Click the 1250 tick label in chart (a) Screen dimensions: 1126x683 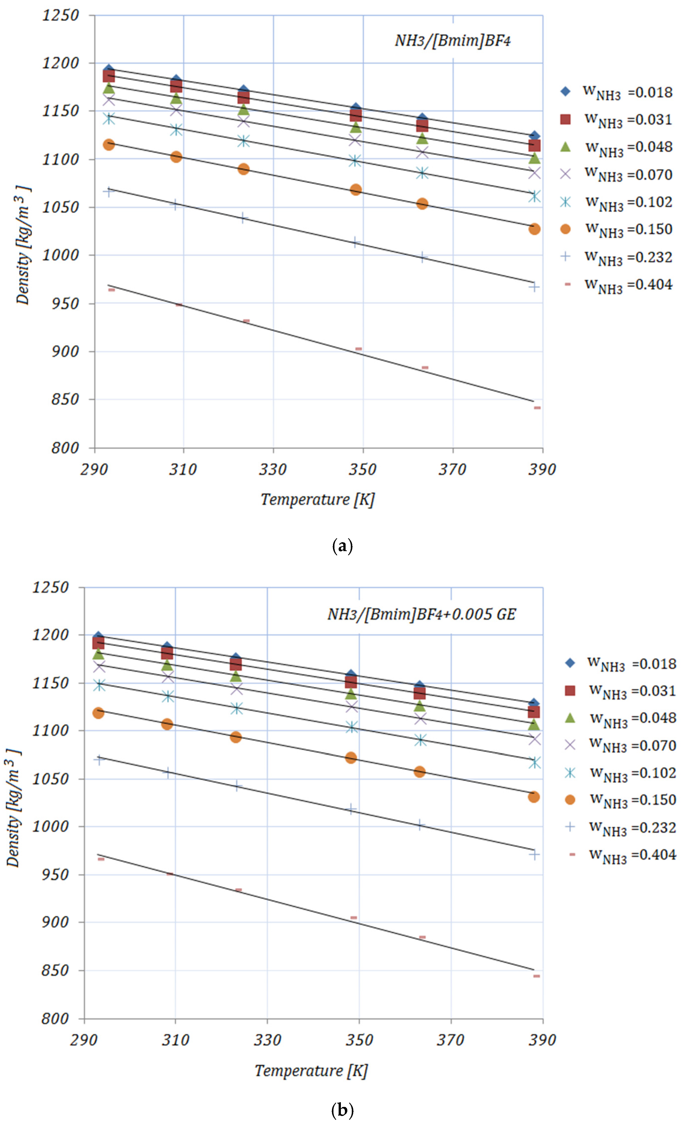tap(60, 16)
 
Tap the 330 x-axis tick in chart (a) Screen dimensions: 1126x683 tap(273, 469)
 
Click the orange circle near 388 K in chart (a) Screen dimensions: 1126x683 tap(534, 229)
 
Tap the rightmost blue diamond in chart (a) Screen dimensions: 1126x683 tap(534, 136)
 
